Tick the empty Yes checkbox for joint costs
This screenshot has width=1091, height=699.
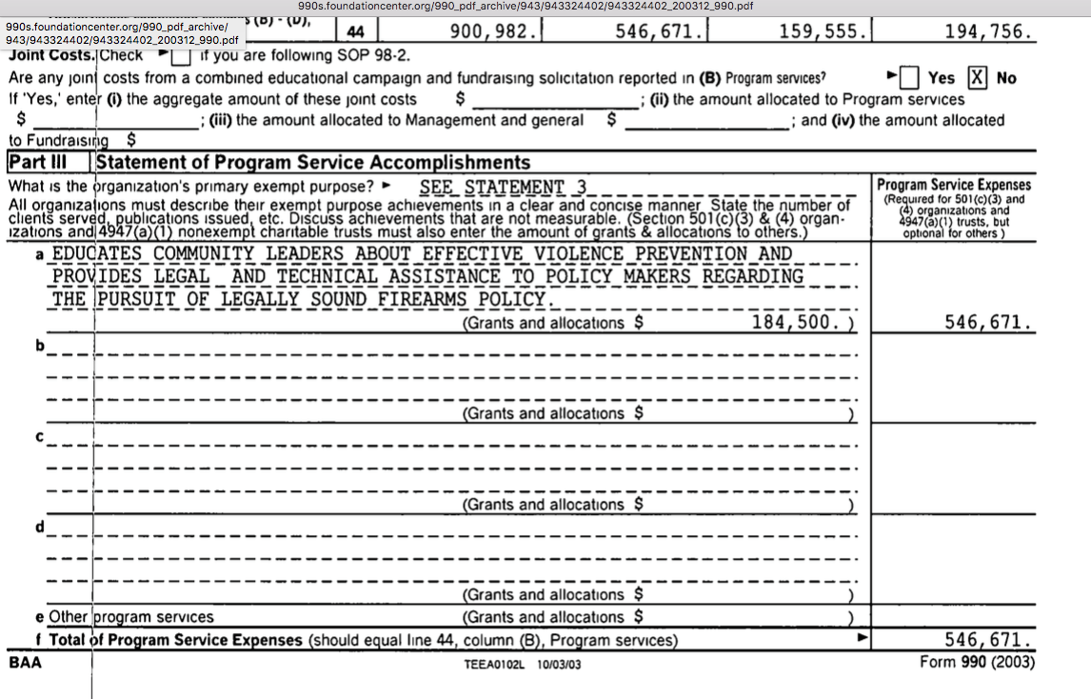point(910,77)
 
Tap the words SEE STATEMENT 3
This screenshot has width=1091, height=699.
point(504,187)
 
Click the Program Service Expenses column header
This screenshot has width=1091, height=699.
point(953,185)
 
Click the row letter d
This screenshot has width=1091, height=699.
point(40,527)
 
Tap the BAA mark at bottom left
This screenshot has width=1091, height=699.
point(26,662)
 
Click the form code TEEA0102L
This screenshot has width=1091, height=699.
point(495,664)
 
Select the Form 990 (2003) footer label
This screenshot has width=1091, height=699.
point(977,662)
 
